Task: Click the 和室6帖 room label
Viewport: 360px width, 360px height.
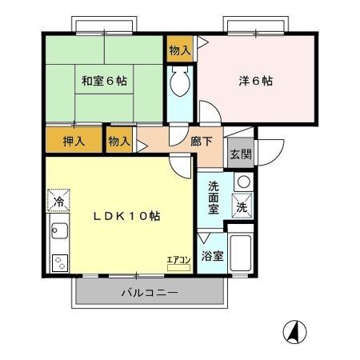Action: (104, 80)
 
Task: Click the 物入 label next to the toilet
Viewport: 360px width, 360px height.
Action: (180, 50)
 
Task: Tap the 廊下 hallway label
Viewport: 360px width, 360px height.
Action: (201, 140)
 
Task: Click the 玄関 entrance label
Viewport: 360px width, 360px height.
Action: (238, 154)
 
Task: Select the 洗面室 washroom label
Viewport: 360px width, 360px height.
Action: (214, 197)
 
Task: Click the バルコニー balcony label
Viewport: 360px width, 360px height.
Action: (149, 293)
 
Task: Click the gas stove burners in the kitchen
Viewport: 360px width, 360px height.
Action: (58, 261)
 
